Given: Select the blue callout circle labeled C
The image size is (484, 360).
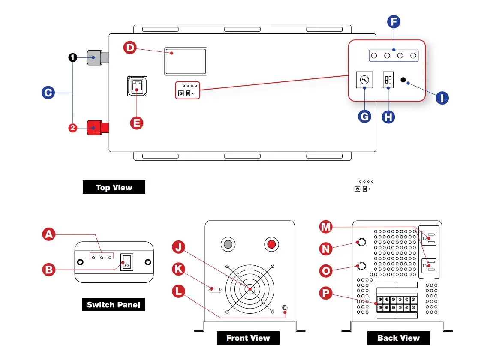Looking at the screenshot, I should pos(48,93).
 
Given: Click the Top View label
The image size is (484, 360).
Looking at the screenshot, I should pos(114,187).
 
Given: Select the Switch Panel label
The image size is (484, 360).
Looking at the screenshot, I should pos(113,305).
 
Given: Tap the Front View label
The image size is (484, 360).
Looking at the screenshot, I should pos(248,338).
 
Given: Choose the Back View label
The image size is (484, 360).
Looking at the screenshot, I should pos(398,338).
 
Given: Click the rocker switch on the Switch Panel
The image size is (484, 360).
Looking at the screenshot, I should pos(126,262).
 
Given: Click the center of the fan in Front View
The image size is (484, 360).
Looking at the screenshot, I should pos(250,289).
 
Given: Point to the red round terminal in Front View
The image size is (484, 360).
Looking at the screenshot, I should pos(271,245).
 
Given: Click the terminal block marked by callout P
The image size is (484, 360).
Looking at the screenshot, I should pos(397,303).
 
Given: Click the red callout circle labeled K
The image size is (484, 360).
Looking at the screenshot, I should pos(179,269).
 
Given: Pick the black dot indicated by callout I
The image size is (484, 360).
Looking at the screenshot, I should pos(403,80).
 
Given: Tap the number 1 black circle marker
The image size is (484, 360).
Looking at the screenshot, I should pos(73,57).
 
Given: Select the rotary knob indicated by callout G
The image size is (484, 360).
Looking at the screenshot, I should pos(364,80).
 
